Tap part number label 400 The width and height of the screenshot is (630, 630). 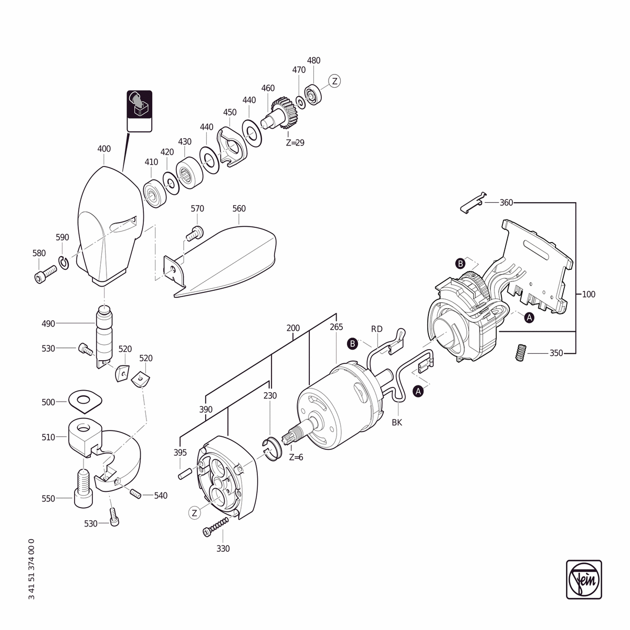tap(104, 149)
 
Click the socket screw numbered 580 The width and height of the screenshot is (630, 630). tap(45, 274)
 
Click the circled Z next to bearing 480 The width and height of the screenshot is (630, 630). tap(334, 81)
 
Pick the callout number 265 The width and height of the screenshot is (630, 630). tap(337, 327)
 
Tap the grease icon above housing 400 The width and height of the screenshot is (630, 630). tap(140, 111)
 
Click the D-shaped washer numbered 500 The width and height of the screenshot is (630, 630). tap(85, 402)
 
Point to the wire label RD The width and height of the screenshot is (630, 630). tap(376, 329)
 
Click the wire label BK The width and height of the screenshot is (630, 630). tap(397, 423)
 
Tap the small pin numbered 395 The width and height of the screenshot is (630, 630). tap(184, 474)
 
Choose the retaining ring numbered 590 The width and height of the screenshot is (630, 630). tap(64, 263)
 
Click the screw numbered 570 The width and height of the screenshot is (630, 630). tap(195, 233)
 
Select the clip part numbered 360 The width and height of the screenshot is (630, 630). tap(473, 202)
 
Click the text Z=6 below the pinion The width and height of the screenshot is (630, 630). tap(296, 457)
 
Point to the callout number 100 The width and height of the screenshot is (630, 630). tap(589, 294)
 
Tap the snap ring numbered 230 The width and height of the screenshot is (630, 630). tap(271, 448)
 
